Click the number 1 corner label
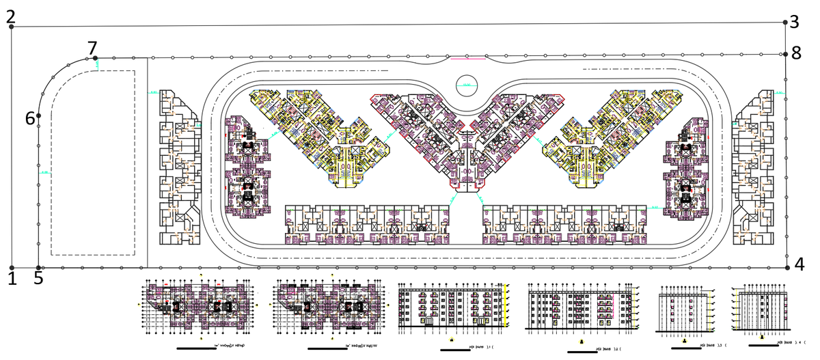tap(12, 278)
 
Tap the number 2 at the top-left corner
tap(11, 16)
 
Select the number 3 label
tap(794, 23)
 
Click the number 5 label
tap(38, 278)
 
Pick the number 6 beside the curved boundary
tap(30, 117)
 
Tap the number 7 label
tap(93, 48)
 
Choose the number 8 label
tap(796, 54)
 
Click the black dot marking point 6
tap(39, 116)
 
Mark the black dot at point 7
tap(96, 59)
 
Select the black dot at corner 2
tap(12, 27)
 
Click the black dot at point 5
tap(39, 268)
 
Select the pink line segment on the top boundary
tap(468, 59)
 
